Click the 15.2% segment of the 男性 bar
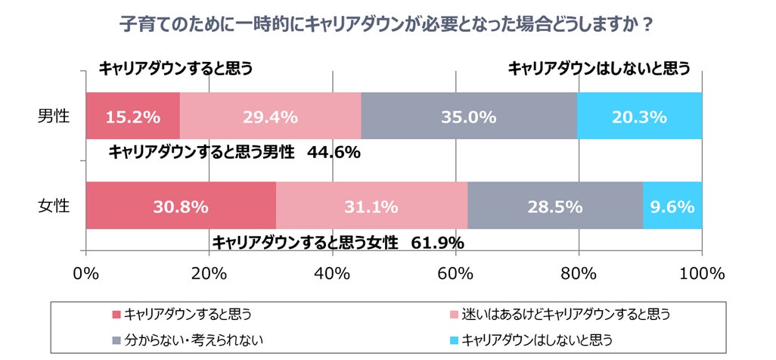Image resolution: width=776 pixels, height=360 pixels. (133, 117)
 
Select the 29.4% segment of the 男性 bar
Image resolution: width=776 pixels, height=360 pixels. (270, 117)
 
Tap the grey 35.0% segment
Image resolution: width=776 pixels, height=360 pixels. (469, 117)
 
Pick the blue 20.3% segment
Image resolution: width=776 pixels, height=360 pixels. (639, 117)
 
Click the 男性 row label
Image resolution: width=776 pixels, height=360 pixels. (54, 116)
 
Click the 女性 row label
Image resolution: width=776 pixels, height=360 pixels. (54, 206)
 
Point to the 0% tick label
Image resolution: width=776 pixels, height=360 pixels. (85, 273)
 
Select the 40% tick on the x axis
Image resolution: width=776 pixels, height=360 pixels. (333, 273)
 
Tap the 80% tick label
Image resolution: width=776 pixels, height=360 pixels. (579, 273)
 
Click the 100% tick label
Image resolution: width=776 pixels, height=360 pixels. (701, 273)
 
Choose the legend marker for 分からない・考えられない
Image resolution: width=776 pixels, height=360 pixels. (115, 340)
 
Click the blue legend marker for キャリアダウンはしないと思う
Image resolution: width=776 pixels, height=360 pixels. (453, 340)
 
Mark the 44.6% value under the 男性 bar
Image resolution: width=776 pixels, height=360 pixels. (334, 153)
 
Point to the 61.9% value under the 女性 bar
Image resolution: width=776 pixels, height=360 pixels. (438, 243)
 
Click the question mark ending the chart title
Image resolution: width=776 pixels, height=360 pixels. (647, 24)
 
